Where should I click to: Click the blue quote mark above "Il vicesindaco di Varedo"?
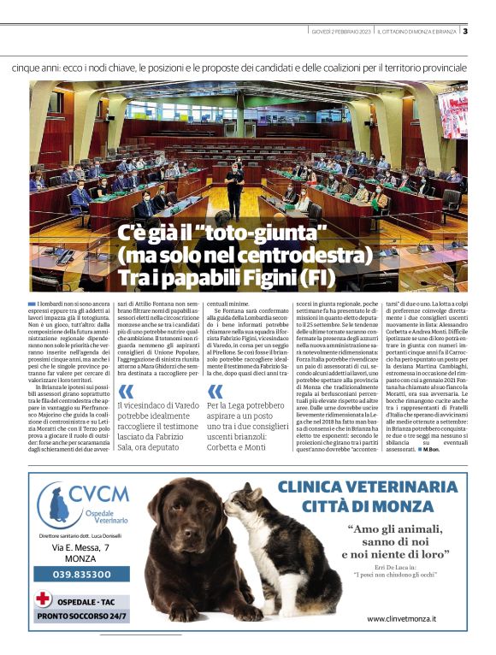[125, 392]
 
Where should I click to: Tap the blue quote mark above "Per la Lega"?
[215, 392]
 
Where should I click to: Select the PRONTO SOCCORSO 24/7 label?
[83, 616]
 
